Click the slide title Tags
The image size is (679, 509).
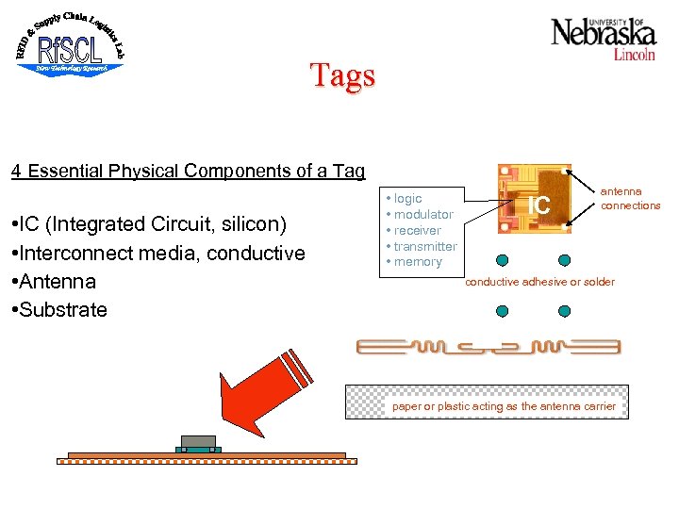point(343,75)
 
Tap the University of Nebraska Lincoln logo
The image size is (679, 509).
point(604,38)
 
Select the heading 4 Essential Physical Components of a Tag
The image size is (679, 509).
point(188,171)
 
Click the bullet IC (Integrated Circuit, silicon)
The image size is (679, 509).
point(158,224)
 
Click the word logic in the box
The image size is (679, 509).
point(407,199)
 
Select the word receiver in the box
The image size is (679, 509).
point(417,231)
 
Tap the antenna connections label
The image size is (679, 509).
point(630,199)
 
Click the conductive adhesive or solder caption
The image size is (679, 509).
point(539,282)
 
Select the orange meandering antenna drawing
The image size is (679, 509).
point(488,347)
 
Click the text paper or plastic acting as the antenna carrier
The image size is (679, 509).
point(504,406)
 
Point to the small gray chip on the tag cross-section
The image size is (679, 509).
point(198,441)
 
